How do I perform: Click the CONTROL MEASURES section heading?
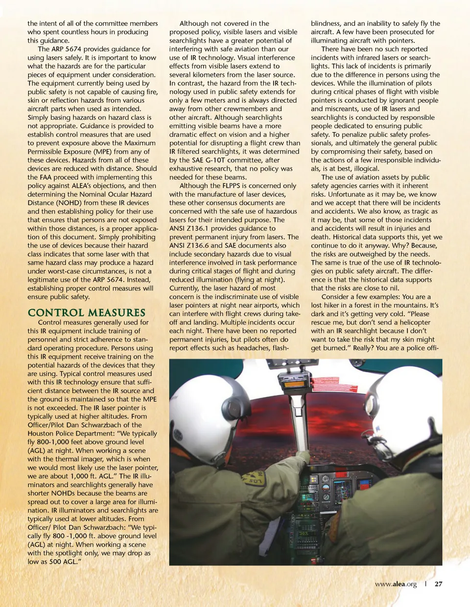click(86, 313)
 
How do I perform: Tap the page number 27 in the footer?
click(438, 584)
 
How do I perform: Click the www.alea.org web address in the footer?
click(396, 584)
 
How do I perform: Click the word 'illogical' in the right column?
click(365, 169)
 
